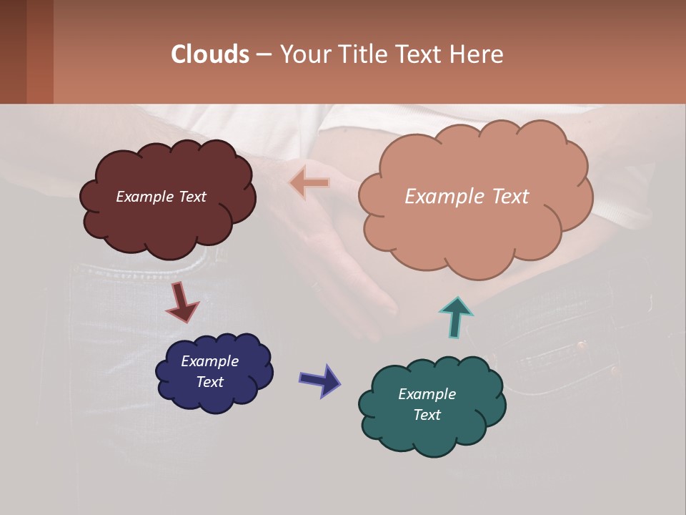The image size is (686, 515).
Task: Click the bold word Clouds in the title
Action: coord(210,54)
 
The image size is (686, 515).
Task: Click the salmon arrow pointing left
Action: coord(309,183)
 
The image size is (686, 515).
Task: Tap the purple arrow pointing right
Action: coord(320,380)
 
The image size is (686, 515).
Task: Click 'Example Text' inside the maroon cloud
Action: coord(161,197)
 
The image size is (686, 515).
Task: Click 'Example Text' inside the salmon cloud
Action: coord(467,197)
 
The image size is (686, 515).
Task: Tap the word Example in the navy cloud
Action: coord(209,361)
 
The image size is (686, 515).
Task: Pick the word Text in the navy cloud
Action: coord(209,382)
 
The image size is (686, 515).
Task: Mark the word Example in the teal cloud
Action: coord(427,394)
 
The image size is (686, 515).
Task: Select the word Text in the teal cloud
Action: coord(427,415)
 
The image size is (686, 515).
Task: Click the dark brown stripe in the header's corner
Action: coord(13,51)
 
